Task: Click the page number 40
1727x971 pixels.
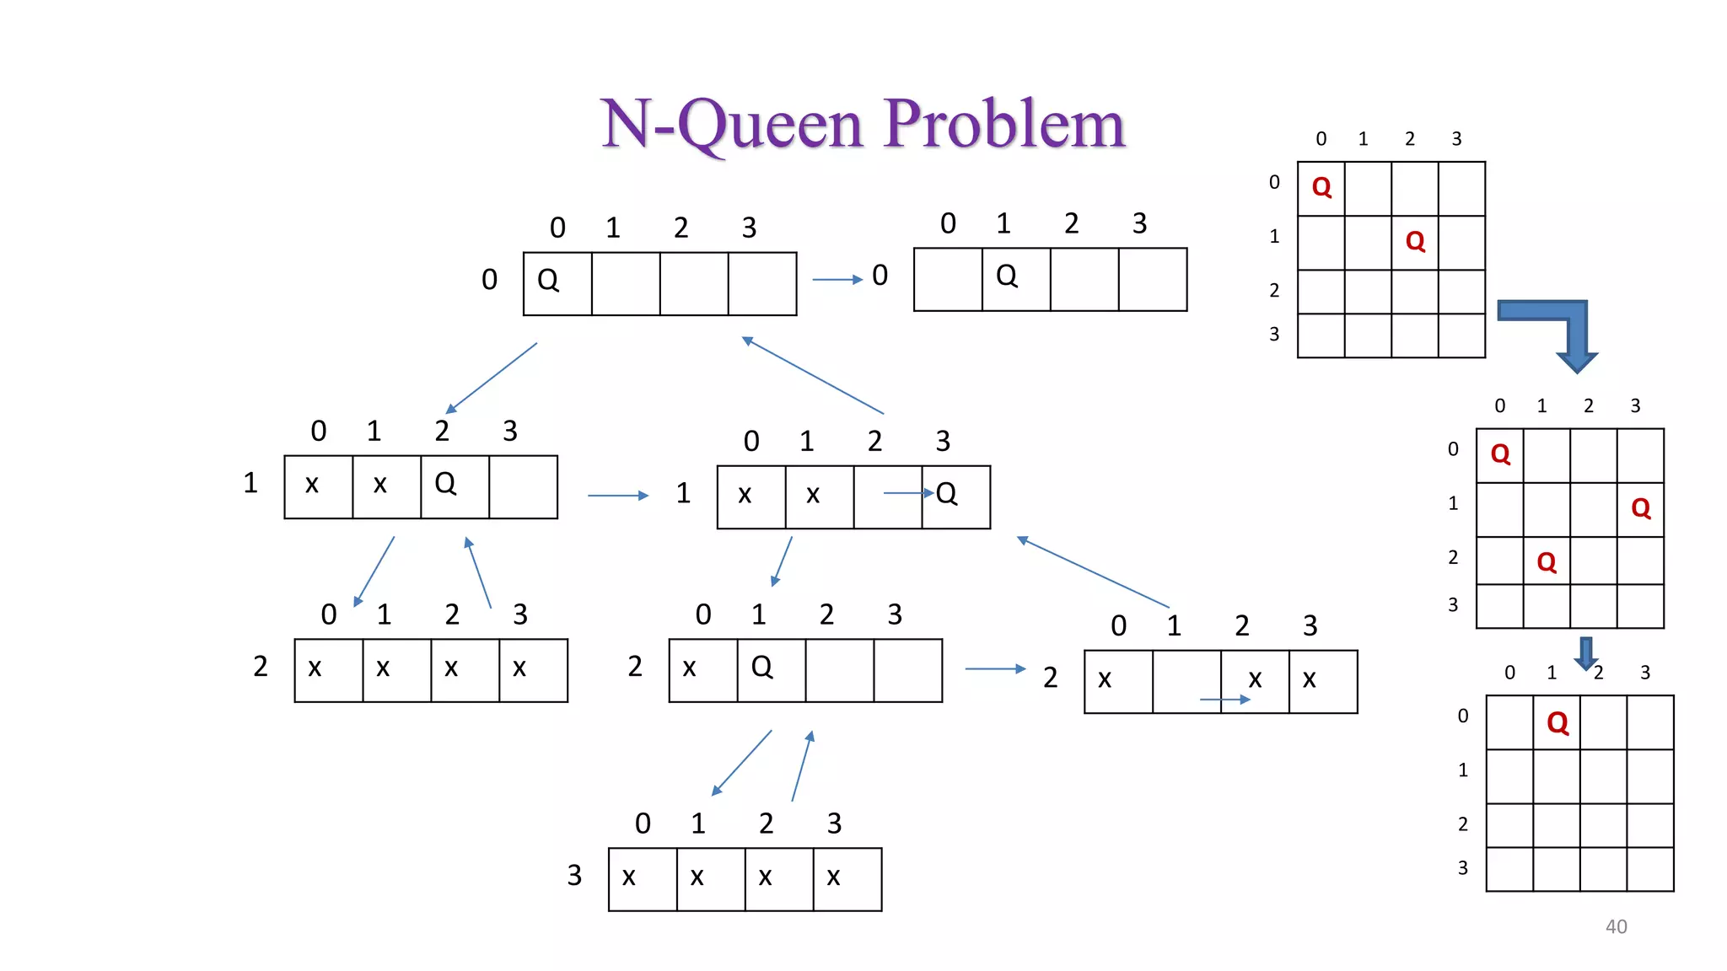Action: pos(1616,926)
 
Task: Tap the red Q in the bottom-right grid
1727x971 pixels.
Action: pos(1558,722)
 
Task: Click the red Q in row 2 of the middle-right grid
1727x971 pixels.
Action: pos(1547,561)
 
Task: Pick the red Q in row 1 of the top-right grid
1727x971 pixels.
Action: pos(1415,242)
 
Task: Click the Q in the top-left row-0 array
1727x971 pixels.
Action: pos(548,280)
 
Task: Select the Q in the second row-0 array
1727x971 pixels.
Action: pos(1007,276)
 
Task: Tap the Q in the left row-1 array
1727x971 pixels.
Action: pos(445,483)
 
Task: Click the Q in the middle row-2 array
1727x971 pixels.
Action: pos(761,667)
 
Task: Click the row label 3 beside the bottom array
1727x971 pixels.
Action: pos(574,876)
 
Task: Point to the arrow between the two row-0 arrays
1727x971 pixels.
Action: pos(837,279)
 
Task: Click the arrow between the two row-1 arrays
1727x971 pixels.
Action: pos(617,496)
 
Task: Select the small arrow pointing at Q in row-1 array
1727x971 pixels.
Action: pos(907,493)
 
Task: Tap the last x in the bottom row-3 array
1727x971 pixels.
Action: pos(833,877)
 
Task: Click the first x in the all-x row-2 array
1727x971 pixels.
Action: pos(315,668)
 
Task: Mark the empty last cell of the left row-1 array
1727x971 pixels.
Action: pos(523,487)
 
